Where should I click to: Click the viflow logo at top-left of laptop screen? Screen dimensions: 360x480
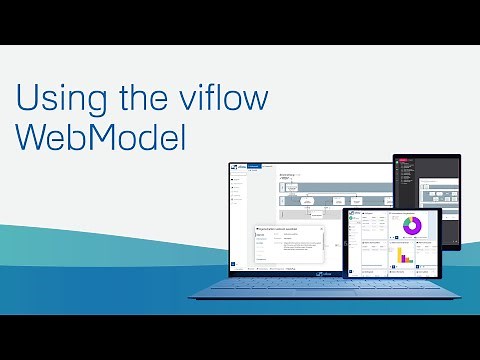pos(235,166)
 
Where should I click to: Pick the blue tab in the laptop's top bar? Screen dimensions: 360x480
pos(254,165)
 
